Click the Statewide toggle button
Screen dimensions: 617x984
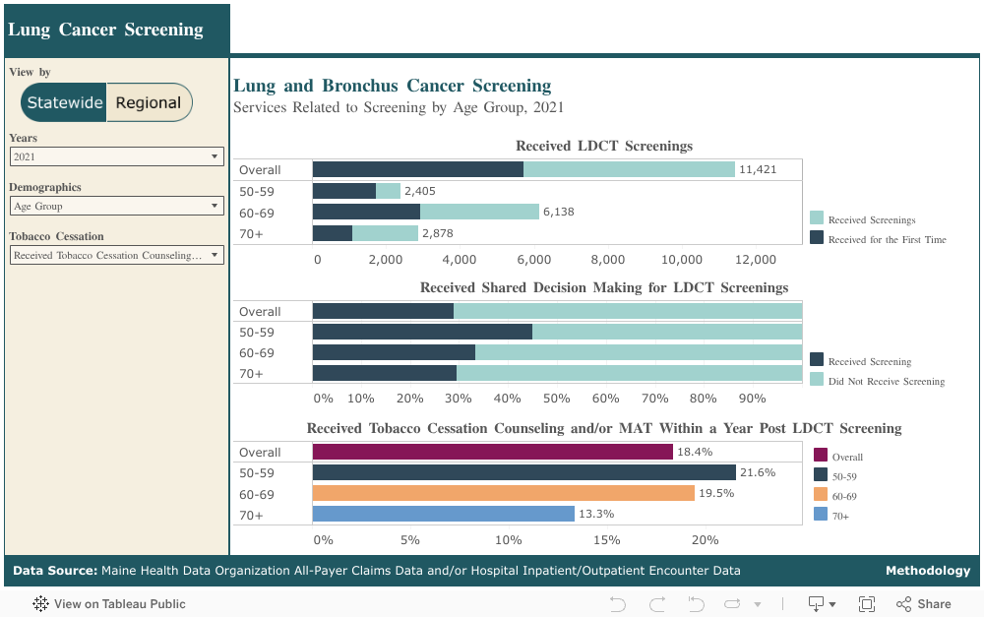tap(65, 102)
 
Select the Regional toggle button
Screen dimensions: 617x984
tap(149, 102)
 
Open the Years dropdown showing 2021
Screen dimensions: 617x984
tap(117, 156)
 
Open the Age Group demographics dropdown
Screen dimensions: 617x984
tap(117, 206)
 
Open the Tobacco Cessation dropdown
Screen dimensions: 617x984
tap(117, 255)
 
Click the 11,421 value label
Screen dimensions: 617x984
tap(758, 169)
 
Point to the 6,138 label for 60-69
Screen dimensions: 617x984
tap(561, 212)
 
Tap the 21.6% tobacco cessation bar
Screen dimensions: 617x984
tap(523, 472)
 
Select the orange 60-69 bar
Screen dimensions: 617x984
tap(503, 493)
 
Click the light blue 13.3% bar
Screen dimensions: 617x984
tap(443, 514)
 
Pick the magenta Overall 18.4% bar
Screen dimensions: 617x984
tap(492, 452)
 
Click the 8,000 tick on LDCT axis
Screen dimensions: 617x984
tap(608, 260)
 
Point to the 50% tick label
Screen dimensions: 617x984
tap(557, 399)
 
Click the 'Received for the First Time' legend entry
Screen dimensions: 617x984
tap(887, 239)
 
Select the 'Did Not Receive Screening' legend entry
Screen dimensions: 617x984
tap(886, 381)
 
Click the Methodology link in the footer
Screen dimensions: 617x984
tap(927, 571)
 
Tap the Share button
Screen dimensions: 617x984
tap(923, 604)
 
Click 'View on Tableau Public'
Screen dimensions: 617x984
tap(109, 604)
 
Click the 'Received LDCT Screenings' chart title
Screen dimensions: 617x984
tap(604, 146)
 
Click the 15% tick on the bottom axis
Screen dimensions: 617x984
tap(606, 540)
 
